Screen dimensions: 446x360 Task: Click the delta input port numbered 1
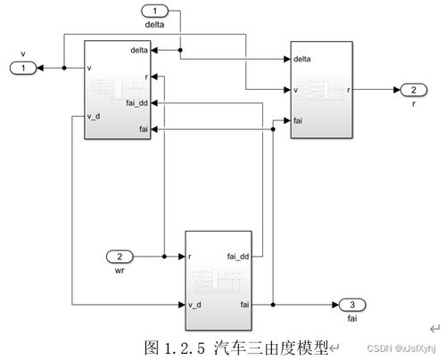click(154, 12)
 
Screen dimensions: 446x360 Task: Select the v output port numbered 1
click(23, 68)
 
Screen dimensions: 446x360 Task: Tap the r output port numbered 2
click(414, 90)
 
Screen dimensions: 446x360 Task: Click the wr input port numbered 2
click(120, 257)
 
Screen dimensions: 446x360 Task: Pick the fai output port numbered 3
click(352, 305)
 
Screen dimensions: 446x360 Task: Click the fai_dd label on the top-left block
click(136, 103)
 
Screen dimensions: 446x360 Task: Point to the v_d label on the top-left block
click(94, 116)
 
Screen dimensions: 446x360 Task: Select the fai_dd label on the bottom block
click(238, 257)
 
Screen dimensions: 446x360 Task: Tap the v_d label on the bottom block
click(194, 305)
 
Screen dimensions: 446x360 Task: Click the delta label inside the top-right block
click(302, 59)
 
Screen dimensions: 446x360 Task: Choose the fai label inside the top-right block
click(298, 120)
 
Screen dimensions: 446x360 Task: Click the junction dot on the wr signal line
click(164, 257)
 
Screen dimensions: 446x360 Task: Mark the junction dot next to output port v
click(64, 68)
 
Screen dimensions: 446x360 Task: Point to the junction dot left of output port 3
click(273, 305)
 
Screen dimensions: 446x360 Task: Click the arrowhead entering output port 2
click(397, 90)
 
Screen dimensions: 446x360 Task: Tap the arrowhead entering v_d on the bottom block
click(182, 305)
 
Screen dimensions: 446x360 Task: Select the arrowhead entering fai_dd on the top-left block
click(154, 103)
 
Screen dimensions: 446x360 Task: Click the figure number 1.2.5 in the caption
click(185, 348)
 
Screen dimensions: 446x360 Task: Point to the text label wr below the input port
click(120, 270)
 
